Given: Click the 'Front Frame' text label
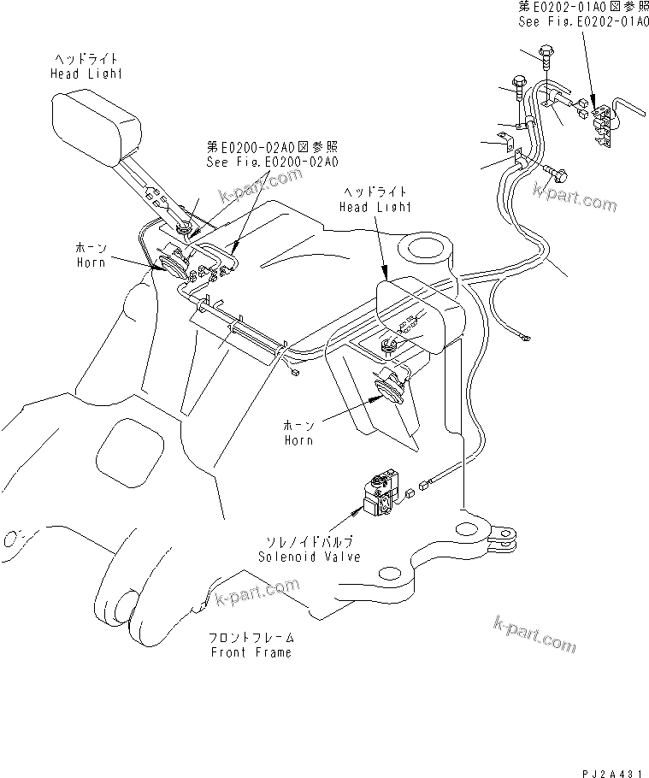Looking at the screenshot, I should [x=251, y=645].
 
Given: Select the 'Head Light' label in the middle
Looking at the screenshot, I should [x=375, y=200].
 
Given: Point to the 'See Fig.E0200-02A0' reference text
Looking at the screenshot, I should [x=272, y=154].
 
